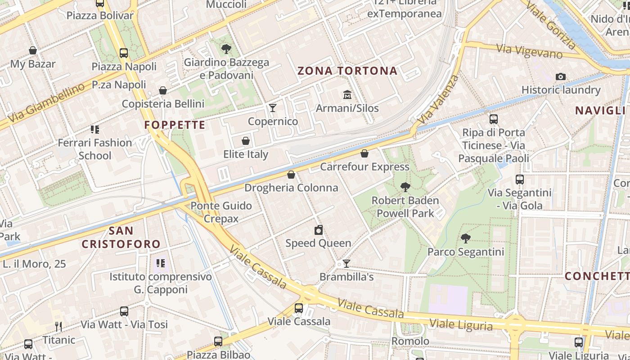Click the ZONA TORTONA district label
pos(347,71)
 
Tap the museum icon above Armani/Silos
pos(347,95)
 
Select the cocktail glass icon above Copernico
pos(272,108)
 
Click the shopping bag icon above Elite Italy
pos(246,141)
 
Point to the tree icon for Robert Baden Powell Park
pos(405,187)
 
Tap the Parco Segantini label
pos(466,252)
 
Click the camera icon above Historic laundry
pos(560,76)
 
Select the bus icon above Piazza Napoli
pos(124,53)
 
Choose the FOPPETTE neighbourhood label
pos(175,125)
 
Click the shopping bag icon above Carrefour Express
pos(364,154)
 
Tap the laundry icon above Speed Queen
pos(319,230)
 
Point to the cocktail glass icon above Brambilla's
pos(346,264)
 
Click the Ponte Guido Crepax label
pos(221,212)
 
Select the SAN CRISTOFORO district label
pos(121,238)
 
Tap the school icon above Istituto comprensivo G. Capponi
pos(160,263)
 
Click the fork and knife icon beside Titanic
pos(58,326)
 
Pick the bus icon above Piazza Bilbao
pos(218,341)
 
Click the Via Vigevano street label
pos(529,51)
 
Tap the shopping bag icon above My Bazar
pos(33,50)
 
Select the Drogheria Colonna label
pos(291,188)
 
